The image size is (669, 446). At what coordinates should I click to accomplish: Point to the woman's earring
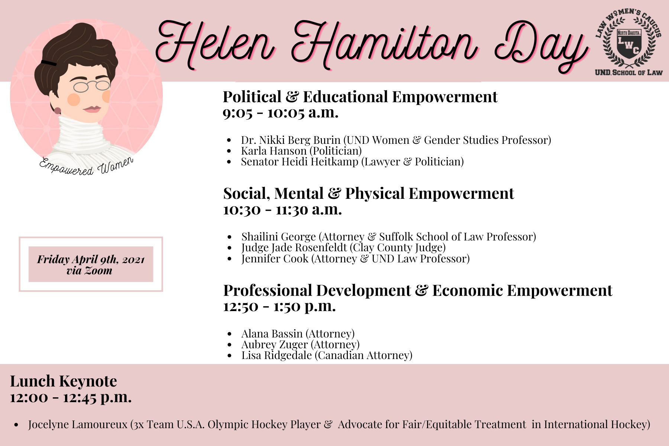tap(58, 110)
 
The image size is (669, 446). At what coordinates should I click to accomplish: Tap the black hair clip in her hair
tap(49, 63)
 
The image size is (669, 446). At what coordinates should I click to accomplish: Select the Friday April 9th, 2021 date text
tap(91, 259)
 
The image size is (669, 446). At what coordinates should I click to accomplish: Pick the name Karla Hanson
tap(274, 151)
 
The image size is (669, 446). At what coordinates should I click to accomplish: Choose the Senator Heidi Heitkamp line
tap(352, 162)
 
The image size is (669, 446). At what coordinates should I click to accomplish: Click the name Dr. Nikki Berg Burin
tap(291, 140)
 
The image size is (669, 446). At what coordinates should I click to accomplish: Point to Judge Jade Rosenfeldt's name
tap(294, 248)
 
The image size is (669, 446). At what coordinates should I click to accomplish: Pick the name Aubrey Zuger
tap(274, 345)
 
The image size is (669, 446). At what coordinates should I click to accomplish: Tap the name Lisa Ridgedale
tap(277, 355)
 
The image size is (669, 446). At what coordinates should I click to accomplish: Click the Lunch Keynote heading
tap(64, 381)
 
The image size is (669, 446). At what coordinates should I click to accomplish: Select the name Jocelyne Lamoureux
tap(78, 424)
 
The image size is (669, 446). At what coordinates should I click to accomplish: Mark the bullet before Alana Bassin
tap(230, 334)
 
